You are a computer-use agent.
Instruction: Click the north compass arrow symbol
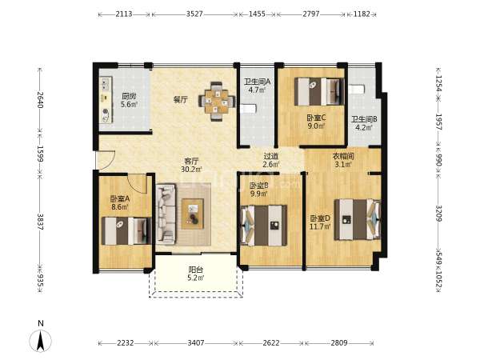click(41, 341)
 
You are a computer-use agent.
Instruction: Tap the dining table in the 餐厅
click(217, 102)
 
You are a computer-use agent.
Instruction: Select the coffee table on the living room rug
click(193, 214)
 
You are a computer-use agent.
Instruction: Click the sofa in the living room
click(166, 214)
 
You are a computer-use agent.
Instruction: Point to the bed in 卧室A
click(126, 231)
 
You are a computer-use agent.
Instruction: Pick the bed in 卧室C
click(319, 91)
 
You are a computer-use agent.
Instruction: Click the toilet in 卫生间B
click(357, 89)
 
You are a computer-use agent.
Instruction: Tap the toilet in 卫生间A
click(248, 109)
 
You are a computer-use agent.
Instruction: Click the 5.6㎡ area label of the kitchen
click(129, 104)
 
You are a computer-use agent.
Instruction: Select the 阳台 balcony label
click(196, 270)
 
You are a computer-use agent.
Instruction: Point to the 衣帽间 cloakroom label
click(343, 157)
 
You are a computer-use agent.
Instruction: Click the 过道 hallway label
click(271, 156)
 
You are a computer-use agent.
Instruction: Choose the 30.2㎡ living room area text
click(191, 169)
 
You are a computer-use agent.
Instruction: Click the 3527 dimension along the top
click(194, 14)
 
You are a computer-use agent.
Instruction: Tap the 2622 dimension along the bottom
click(271, 343)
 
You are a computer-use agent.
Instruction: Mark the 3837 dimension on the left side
click(40, 222)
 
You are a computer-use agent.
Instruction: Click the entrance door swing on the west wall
click(106, 160)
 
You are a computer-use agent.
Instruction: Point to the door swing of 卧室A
click(138, 184)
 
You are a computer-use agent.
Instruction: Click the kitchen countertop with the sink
click(106, 100)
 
